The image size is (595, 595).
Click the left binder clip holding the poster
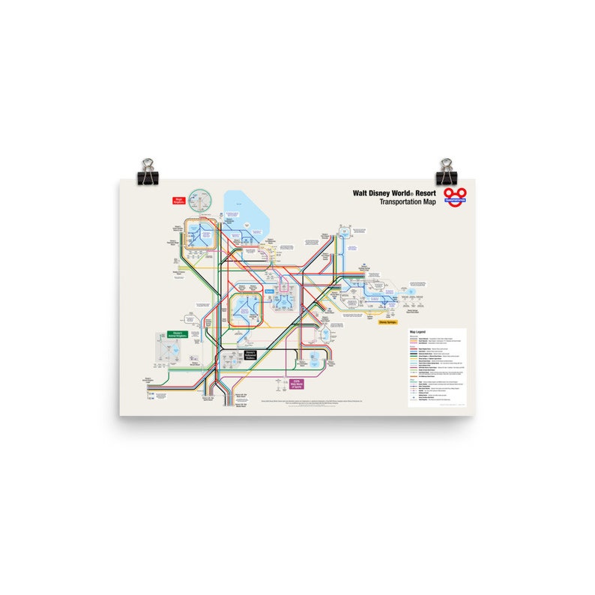pos(148,172)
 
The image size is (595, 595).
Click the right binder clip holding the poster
pos(447,172)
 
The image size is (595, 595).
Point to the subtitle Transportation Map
pos(408,202)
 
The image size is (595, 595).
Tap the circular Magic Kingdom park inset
pos(201,201)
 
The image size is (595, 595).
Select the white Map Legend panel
pos(437,367)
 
